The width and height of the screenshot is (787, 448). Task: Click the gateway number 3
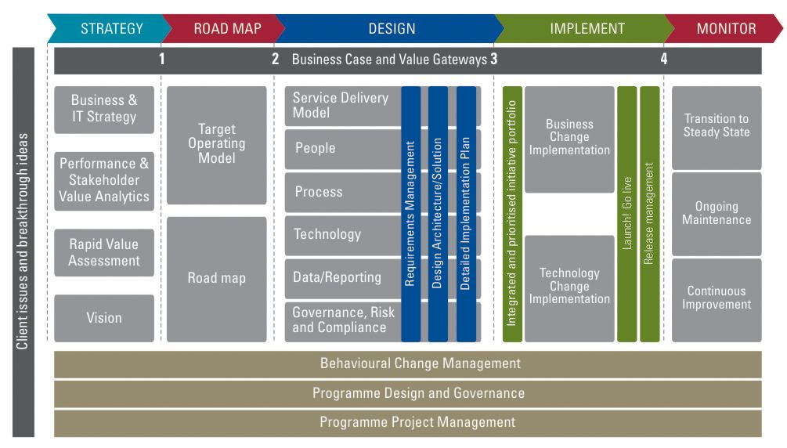[494, 59]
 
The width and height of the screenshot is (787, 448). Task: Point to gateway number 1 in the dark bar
[162, 59]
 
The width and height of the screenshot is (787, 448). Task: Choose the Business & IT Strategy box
[104, 110]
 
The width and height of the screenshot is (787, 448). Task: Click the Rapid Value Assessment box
[104, 252]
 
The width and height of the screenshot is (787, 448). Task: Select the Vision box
[104, 318]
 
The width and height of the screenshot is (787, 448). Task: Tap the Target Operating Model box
[216, 144]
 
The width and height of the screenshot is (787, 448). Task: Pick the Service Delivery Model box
[341, 106]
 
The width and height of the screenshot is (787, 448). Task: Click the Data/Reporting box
[341, 277]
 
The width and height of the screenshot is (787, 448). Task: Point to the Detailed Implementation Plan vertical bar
[466, 213]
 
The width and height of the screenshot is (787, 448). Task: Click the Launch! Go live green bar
[626, 213]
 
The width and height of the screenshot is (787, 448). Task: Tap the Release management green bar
[649, 213]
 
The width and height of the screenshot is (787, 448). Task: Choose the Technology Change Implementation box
[569, 287]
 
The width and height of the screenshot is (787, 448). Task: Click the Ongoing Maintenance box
[716, 213]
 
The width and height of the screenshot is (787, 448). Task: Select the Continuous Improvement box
[716, 298]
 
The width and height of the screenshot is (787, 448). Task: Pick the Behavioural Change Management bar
[407, 363]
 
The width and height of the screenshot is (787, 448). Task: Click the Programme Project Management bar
[407, 422]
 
